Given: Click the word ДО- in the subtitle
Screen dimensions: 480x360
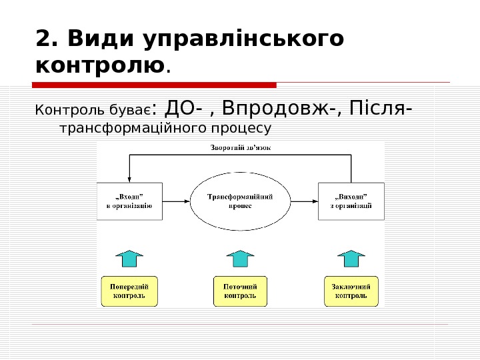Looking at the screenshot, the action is pyautogui.click(x=189, y=107).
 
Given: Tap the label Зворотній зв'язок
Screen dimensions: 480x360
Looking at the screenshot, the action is pyautogui.click(x=241, y=147).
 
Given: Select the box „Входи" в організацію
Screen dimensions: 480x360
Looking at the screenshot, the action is pyautogui.click(x=129, y=201).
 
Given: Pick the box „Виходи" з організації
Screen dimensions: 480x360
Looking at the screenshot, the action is pyautogui.click(x=351, y=201).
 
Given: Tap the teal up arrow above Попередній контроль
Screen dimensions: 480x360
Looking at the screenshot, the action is pyautogui.click(x=129, y=258).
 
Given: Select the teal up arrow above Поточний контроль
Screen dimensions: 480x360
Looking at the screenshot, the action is pyautogui.click(x=240, y=258).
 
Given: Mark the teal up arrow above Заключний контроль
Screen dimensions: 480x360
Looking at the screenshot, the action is pyautogui.click(x=351, y=258).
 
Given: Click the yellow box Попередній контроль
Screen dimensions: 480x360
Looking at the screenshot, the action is pyautogui.click(x=129, y=291).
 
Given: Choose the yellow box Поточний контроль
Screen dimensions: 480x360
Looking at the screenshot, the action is pyautogui.click(x=240, y=291).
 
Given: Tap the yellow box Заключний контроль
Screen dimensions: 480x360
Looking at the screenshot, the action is pyautogui.click(x=351, y=291).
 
